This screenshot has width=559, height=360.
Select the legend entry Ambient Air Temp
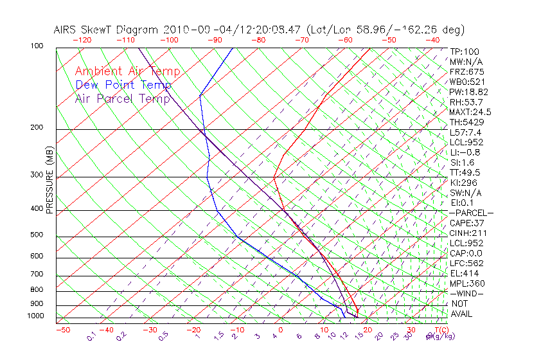point(127,71)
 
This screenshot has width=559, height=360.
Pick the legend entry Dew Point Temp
point(123,85)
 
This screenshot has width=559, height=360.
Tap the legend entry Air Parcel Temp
point(123,98)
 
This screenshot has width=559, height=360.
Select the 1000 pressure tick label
point(37,316)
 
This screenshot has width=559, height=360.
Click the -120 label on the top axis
point(82,39)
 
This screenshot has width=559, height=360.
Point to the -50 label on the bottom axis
point(62,330)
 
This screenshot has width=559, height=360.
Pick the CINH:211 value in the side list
point(468,233)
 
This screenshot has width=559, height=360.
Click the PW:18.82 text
point(469,92)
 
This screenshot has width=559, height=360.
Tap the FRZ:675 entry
point(466,72)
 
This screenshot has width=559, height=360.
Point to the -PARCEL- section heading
point(471,213)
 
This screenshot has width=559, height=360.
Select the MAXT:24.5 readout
point(470,112)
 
